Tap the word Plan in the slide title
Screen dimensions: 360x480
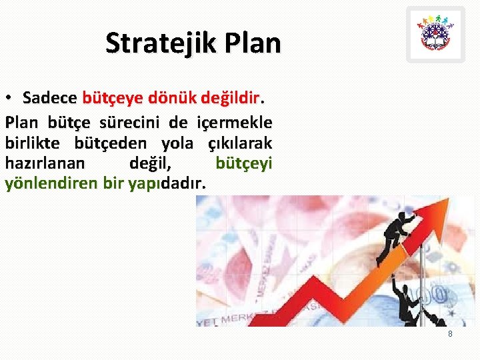click(x=253, y=43)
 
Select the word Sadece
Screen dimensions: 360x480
click(x=49, y=98)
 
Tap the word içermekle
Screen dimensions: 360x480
click(x=234, y=123)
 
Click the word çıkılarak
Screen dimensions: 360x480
click(x=239, y=143)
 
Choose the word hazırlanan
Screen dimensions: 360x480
click(x=45, y=163)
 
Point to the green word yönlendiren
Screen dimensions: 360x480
click(x=52, y=183)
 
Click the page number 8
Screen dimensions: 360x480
click(x=450, y=333)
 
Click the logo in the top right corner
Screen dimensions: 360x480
click(x=435, y=35)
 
